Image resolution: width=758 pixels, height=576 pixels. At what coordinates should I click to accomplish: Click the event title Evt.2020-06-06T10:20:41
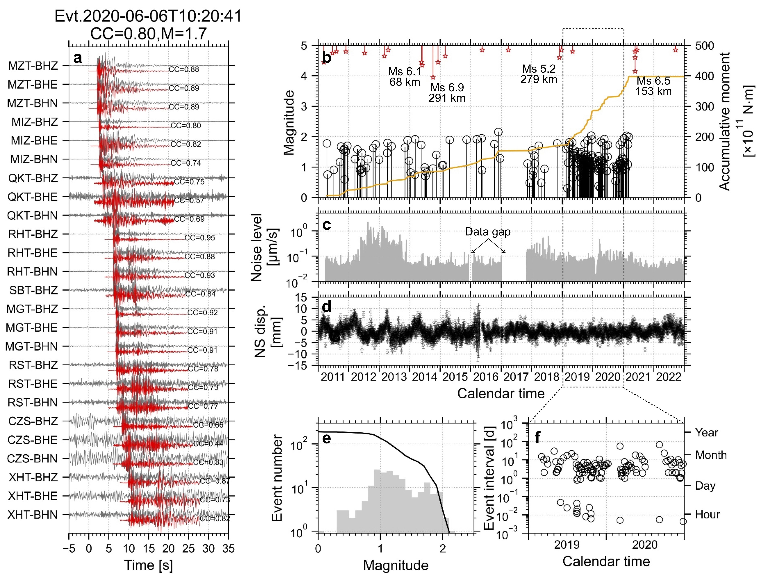coord(148,16)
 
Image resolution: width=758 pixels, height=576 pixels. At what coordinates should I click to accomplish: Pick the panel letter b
coord(327,58)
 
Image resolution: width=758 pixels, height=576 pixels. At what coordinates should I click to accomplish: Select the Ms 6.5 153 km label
coord(653,86)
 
